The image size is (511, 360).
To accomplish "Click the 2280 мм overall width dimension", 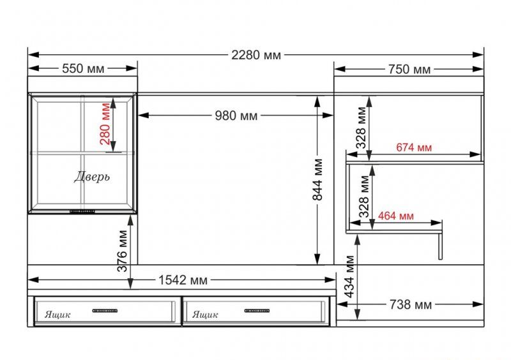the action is coord(256,55).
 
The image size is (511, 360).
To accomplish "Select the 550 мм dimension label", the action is coord(83,68).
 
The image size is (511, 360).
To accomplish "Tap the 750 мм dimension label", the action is coord(409,70).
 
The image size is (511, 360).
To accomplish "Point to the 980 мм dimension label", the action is coord(236,116).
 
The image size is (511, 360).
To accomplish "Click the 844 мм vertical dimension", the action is coord(317,179).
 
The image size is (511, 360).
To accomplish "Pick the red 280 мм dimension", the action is coord(105,124).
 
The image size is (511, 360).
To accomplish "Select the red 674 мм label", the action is coord(414,147).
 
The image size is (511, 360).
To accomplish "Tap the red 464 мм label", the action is coord(395,216).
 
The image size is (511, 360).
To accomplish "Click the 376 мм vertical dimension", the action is coord(123,251).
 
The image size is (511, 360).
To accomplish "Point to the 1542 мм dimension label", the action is coord(183,280).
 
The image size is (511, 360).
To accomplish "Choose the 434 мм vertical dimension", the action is coord(349,276).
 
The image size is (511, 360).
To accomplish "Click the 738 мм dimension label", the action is coord(411,304).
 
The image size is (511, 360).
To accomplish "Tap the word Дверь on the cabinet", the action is coord(92,177).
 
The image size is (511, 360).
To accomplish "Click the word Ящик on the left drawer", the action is coord(57,315).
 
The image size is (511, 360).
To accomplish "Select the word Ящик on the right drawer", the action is coord(205,315).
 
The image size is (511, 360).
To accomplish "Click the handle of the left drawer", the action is coord(105,311).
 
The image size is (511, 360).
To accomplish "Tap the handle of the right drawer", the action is coord(257,311).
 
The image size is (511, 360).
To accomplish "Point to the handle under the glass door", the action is coord(82,211).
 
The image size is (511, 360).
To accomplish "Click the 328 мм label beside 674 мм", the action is coord(361,128).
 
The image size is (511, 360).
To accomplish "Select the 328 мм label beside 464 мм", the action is coord(364,197).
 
